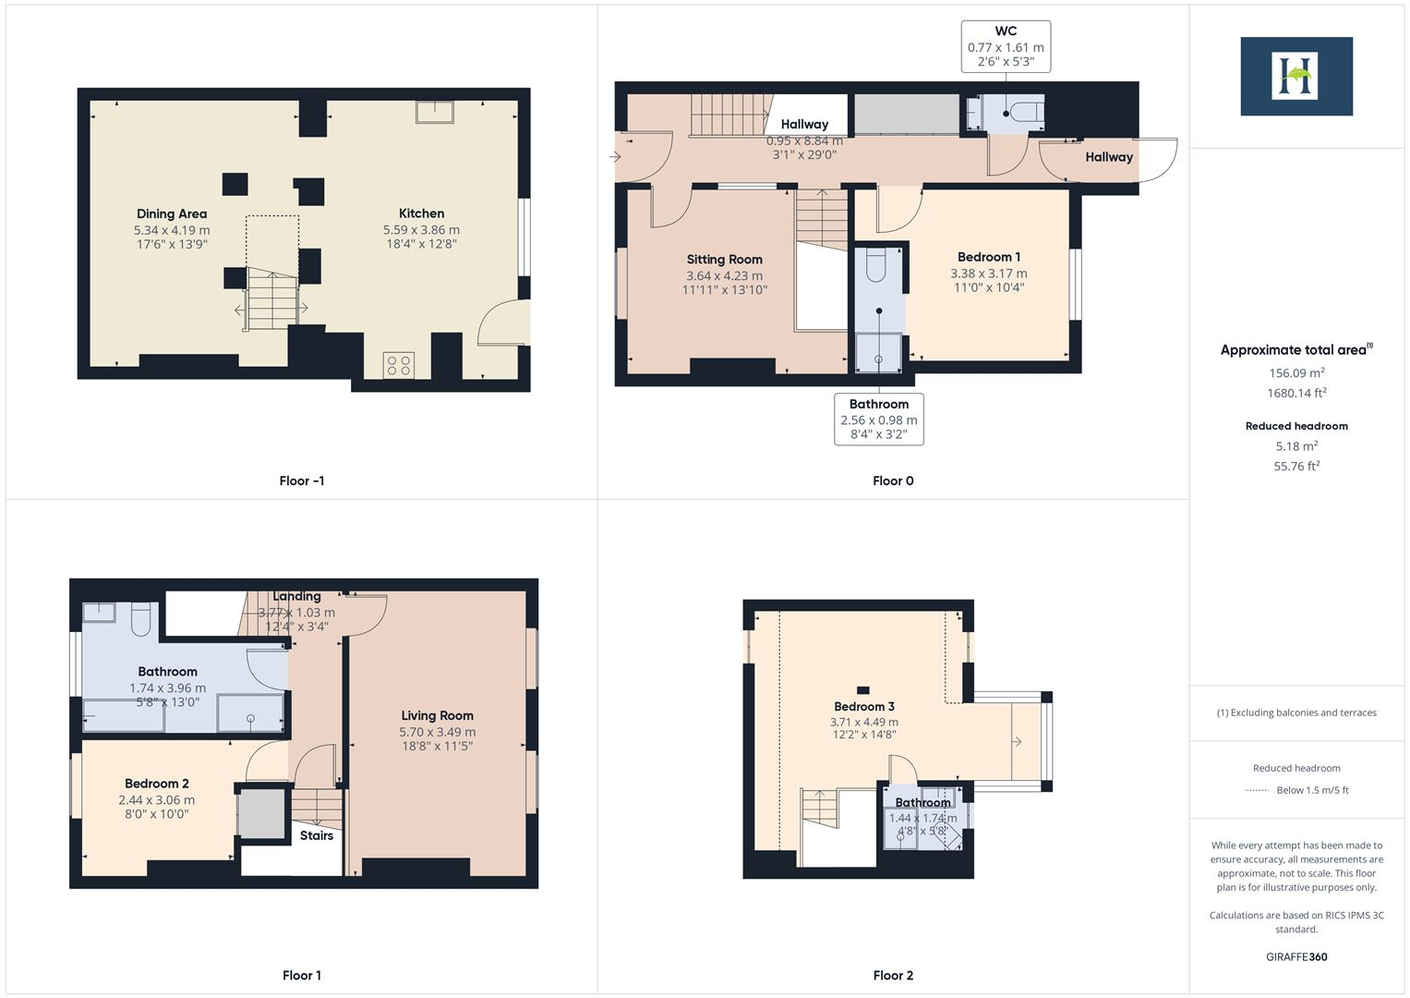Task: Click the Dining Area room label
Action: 172,213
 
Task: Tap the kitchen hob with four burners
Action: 399,365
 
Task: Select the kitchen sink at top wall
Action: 434,111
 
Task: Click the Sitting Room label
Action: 724,260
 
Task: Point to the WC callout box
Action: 1006,46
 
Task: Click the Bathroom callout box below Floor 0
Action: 879,420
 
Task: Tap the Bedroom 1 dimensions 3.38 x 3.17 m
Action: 988,274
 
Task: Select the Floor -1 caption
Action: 301,481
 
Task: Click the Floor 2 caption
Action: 893,975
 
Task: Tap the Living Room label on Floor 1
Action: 437,715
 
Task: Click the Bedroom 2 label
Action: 157,784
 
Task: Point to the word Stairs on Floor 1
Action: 316,835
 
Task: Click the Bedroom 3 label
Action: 863,707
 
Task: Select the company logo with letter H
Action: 1296,76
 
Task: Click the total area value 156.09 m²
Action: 1296,373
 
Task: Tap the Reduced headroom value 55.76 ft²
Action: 1296,467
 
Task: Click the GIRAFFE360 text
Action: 1296,956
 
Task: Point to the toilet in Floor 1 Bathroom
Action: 141,619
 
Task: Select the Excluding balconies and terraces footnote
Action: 1296,712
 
